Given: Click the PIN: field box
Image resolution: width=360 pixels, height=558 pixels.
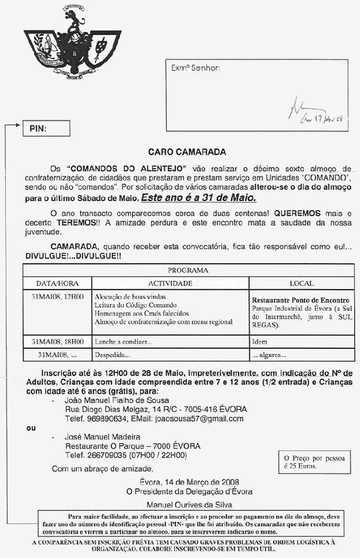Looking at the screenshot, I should [x=47, y=129].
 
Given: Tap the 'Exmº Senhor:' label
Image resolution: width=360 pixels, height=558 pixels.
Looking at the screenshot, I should [x=195, y=68].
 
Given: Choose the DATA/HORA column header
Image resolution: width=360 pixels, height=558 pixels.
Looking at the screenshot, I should [x=58, y=283].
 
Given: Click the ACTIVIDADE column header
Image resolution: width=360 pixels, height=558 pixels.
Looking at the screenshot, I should [x=170, y=283].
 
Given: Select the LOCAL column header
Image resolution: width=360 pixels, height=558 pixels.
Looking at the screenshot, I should [x=301, y=283].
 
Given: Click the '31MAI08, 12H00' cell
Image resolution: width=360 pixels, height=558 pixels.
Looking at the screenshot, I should [x=58, y=297].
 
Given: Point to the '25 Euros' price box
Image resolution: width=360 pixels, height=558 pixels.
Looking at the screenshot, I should [x=314, y=462].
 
